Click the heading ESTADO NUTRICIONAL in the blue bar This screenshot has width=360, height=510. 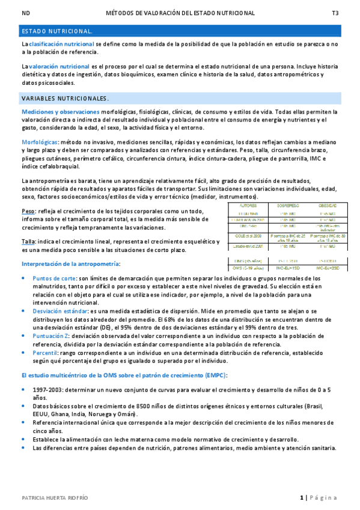(57, 30)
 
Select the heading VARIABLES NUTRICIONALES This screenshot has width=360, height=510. (65, 98)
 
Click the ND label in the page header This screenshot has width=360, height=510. (25, 13)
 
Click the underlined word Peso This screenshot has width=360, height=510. (28, 211)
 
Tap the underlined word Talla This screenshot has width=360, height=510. (28, 241)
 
